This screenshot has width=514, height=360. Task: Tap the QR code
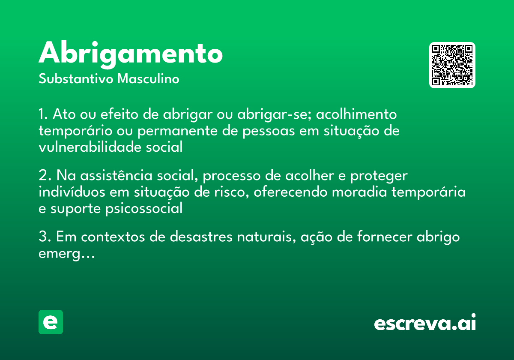click(452, 65)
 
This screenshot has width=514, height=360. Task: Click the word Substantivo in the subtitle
click(76, 79)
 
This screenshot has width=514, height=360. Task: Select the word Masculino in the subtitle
click(148, 79)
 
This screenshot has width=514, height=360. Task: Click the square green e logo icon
click(51, 322)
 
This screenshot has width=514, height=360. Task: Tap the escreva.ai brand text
click(425, 322)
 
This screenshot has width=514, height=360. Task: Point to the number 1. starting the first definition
click(43, 114)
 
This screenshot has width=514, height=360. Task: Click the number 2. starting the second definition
click(45, 175)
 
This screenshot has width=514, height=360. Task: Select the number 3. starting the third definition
click(45, 237)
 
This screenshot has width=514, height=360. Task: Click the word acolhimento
click(356, 114)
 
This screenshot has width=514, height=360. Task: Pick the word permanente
click(177, 131)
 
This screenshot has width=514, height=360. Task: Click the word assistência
click(117, 175)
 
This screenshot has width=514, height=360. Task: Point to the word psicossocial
click(144, 208)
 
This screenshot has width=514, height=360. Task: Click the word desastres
click(201, 237)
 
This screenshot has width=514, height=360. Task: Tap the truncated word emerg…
click(66, 254)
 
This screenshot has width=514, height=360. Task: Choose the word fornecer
click(385, 236)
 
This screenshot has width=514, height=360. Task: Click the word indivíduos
click(72, 192)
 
